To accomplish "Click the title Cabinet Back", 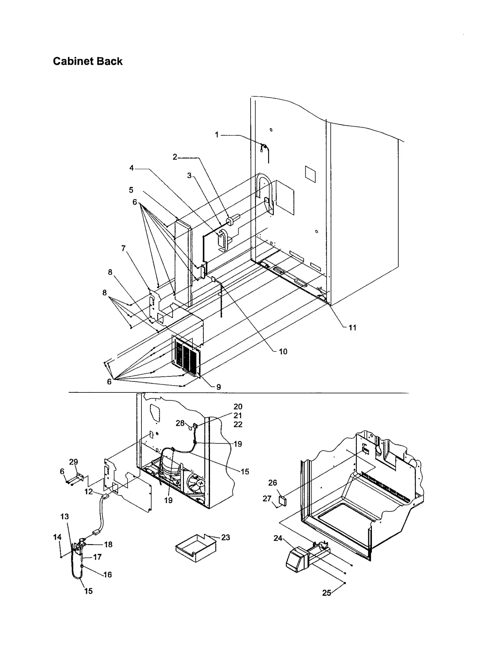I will click(x=88, y=61).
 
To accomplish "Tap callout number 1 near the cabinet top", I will click(x=217, y=135).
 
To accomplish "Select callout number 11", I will click(x=352, y=328).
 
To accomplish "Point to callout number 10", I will click(x=283, y=352).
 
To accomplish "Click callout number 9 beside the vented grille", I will click(x=218, y=387).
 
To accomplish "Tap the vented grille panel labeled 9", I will click(x=186, y=357).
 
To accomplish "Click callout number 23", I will click(x=225, y=538).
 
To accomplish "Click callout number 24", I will click(x=278, y=538).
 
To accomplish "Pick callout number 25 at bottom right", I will click(x=327, y=593).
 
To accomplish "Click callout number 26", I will click(x=273, y=483).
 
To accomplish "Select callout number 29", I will click(x=73, y=462).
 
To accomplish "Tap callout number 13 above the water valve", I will click(x=64, y=517).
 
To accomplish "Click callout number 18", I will click(x=108, y=544).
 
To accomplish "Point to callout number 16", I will click(x=108, y=575).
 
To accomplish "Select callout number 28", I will click(x=180, y=423).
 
